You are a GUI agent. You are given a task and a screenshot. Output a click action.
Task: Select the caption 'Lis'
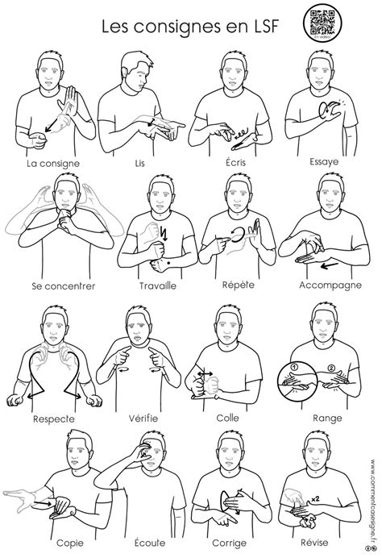[x=139, y=163]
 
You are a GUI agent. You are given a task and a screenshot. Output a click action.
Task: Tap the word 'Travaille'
[x=143, y=286]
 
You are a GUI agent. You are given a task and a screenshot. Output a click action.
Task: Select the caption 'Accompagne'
[x=326, y=286]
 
